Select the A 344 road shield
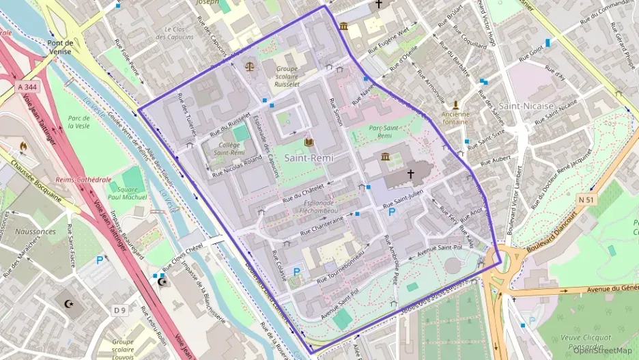(x=28, y=87)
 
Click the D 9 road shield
(x=120, y=310)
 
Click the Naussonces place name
(x=34, y=232)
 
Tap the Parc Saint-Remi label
(x=384, y=132)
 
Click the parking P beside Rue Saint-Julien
(x=392, y=212)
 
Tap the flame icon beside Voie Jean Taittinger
(x=23, y=146)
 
